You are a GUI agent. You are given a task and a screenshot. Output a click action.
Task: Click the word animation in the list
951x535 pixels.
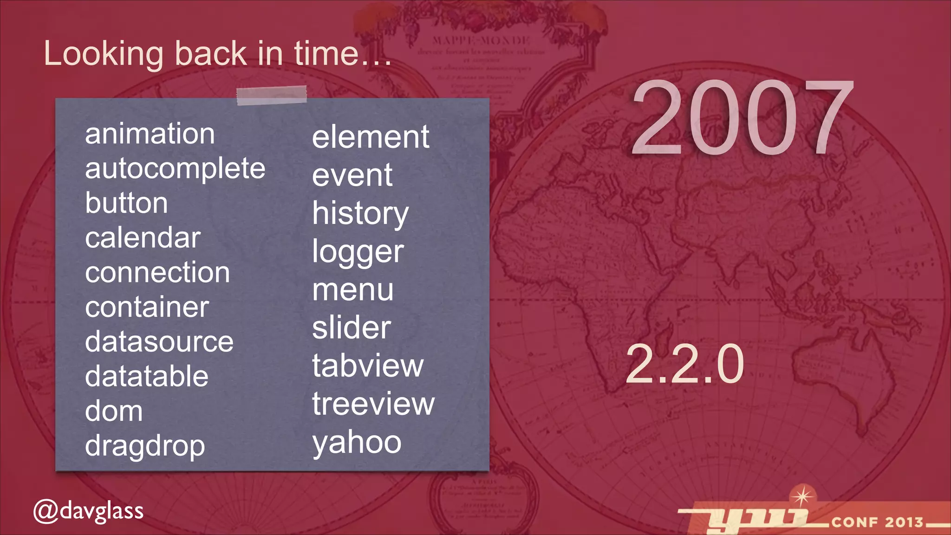tap(150, 134)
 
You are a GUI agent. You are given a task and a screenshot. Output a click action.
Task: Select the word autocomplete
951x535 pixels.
tap(175, 169)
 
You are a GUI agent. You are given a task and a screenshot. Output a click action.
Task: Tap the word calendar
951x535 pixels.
tap(143, 238)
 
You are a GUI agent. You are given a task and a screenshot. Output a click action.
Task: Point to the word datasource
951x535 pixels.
tap(159, 342)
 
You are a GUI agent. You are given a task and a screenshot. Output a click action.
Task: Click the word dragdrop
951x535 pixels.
tap(145, 447)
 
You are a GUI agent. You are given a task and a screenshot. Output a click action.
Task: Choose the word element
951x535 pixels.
tap(371, 137)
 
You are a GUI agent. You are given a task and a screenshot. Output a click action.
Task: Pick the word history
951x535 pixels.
tap(360, 214)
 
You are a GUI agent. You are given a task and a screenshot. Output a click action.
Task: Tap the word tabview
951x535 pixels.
tap(368, 366)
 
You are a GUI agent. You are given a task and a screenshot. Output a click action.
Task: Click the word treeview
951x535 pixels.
tap(373, 404)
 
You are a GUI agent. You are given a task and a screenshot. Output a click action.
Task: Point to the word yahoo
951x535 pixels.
tap(357, 443)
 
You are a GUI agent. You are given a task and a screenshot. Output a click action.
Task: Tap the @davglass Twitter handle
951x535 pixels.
tap(88, 511)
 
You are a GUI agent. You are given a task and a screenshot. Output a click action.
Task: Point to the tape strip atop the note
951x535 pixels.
tap(272, 95)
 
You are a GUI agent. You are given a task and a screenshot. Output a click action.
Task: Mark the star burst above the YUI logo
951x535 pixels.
tap(802, 496)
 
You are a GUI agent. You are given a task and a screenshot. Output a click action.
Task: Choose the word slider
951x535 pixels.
tap(352, 328)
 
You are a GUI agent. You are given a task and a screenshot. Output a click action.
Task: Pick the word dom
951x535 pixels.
tap(114, 412)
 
